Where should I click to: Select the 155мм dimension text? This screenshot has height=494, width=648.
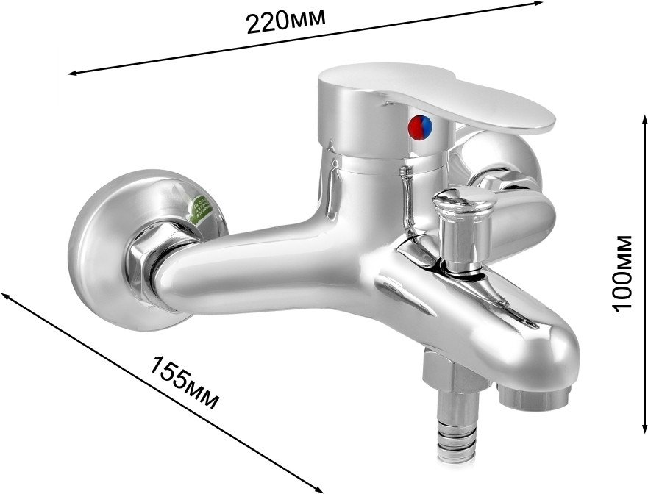(183, 383)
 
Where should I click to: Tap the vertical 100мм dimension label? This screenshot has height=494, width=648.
(622, 273)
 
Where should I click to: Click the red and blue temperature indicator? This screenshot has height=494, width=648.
(420, 126)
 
